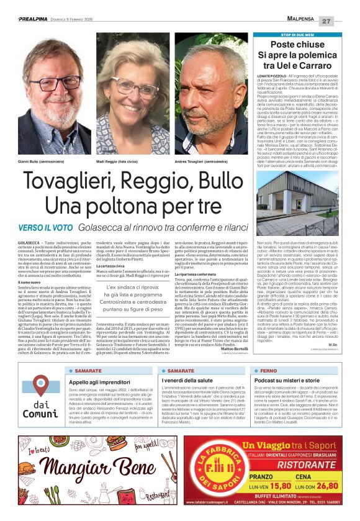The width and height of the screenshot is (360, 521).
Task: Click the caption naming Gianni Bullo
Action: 42,161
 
